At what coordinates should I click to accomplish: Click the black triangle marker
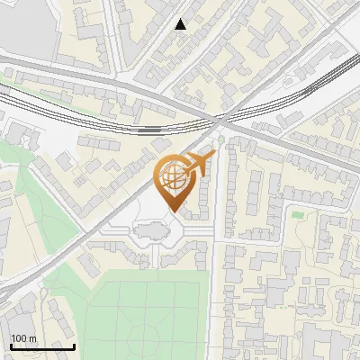pyautogui.click(x=181, y=24)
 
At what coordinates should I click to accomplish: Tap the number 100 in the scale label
pyautogui.click(x=19, y=338)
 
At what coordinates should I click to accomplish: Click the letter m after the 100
pyautogui.click(x=32, y=338)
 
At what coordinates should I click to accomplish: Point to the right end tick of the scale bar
pyautogui.click(x=74, y=346)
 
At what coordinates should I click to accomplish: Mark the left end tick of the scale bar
pyautogui.click(x=11, y=346)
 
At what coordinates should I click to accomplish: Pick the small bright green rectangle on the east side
pyautogui.click(x=296, y=214)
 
